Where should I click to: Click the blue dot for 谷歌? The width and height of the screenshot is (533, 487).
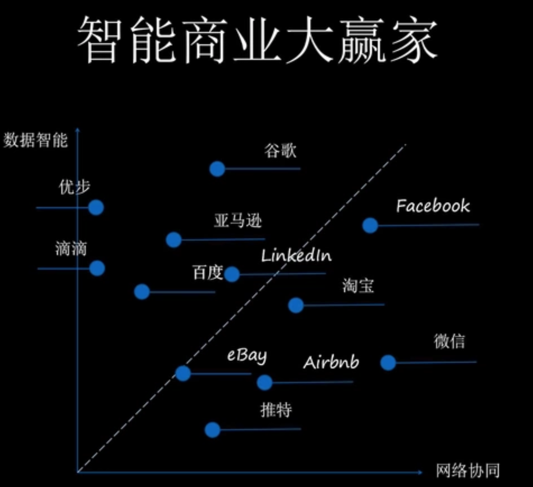[217, 169]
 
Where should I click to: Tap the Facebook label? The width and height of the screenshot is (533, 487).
[433, 206]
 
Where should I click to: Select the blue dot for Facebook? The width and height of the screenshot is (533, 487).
[370, 225]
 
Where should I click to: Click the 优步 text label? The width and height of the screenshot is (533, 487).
[75, 187]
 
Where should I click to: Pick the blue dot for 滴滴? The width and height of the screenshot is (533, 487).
[97, 268]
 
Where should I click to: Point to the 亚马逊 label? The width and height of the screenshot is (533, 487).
[238, 221]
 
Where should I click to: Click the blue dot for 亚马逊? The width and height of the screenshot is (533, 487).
[174, 240]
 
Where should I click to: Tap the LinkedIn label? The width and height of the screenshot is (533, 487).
[296, 255]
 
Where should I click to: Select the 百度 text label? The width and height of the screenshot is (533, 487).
[207, 272]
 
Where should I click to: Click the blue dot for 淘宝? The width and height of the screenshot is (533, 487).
[296, 305]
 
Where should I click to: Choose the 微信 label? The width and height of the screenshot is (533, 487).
[449, 341]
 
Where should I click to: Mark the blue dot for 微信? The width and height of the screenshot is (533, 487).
[388, 362]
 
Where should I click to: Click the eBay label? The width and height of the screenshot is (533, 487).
[247, 356]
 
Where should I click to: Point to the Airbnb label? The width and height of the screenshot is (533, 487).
[331, 362]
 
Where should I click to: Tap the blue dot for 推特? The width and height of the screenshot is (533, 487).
[212, 430]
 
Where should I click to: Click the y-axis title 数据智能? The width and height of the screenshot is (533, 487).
[36, 140]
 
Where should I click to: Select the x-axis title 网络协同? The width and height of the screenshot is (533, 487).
[467, 471]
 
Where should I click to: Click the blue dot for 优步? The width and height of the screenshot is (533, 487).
[96, 208]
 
